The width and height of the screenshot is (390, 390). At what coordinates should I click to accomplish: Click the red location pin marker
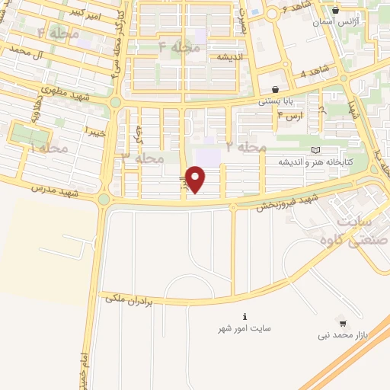(x=197, y=179)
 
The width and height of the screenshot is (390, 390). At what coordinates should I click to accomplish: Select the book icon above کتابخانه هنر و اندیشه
(x=316, y=151)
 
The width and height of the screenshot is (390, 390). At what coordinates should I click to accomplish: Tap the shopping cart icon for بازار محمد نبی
(x=342, y=323)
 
